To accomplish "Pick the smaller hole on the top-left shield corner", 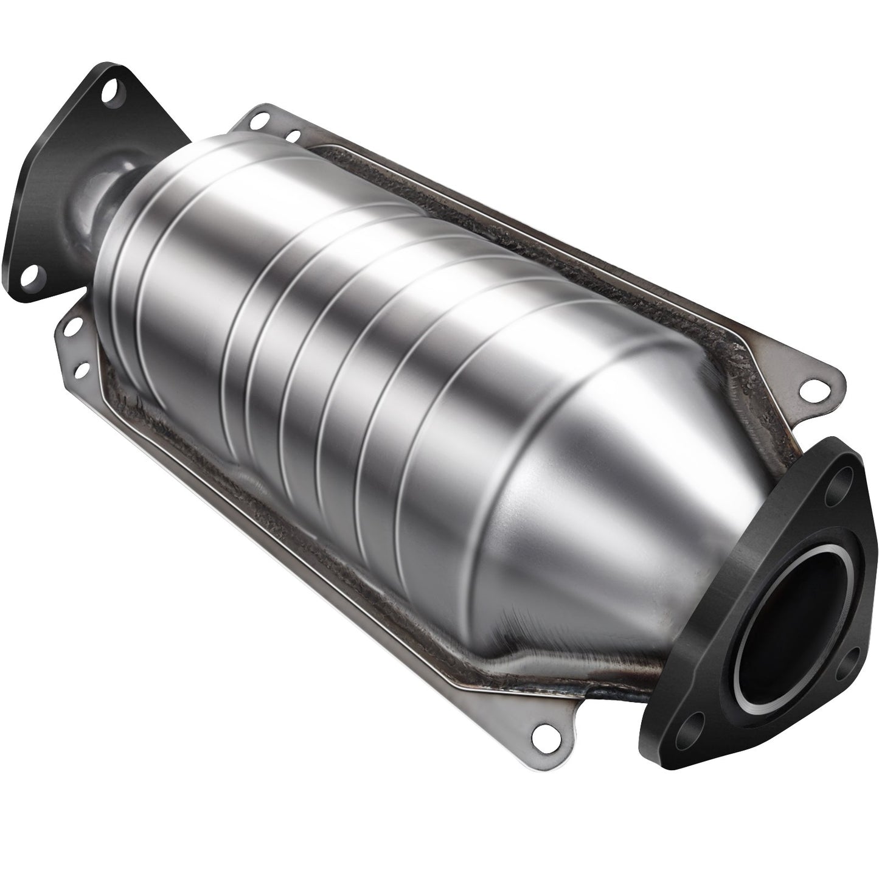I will coord(294,136).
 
